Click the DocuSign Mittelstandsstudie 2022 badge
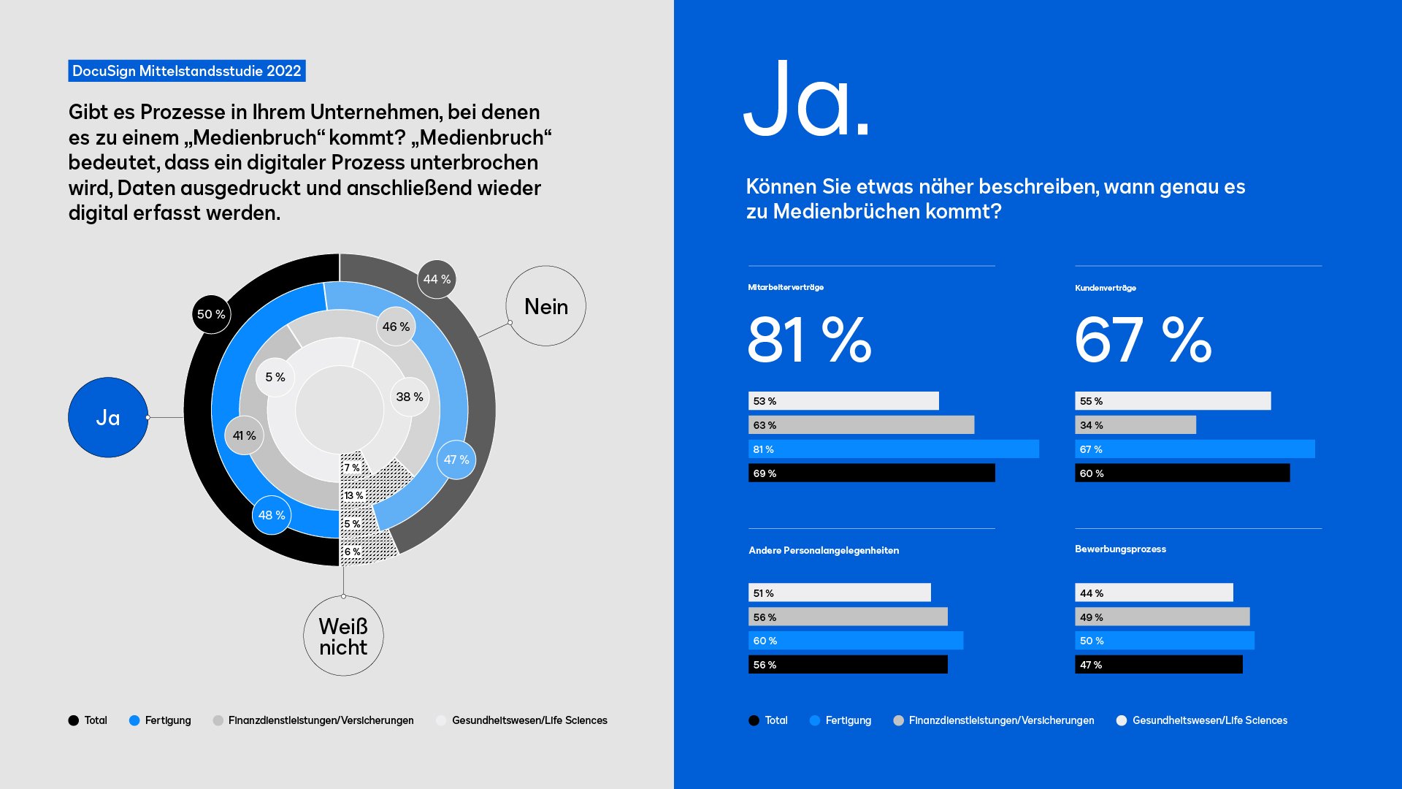(186, 71)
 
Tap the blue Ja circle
(108, 418)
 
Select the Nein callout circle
(545, 306)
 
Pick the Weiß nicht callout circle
(343, 636)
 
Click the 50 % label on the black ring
(211, 314)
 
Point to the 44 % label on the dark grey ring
(437, 279)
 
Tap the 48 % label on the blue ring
(272, 515)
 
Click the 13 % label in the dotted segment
(353, 495)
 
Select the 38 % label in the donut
(409, 397)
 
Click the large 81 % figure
(809, 340)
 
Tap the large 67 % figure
(1143, 340)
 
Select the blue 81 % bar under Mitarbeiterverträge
(893, 449)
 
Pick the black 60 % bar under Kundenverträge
(1181, 473)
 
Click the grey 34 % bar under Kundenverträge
(1135, 425)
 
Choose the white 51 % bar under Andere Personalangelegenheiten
(839, 592)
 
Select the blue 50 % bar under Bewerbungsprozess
(1164, 641)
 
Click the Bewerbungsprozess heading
(1120, 549)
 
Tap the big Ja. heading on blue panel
(806, 100)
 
